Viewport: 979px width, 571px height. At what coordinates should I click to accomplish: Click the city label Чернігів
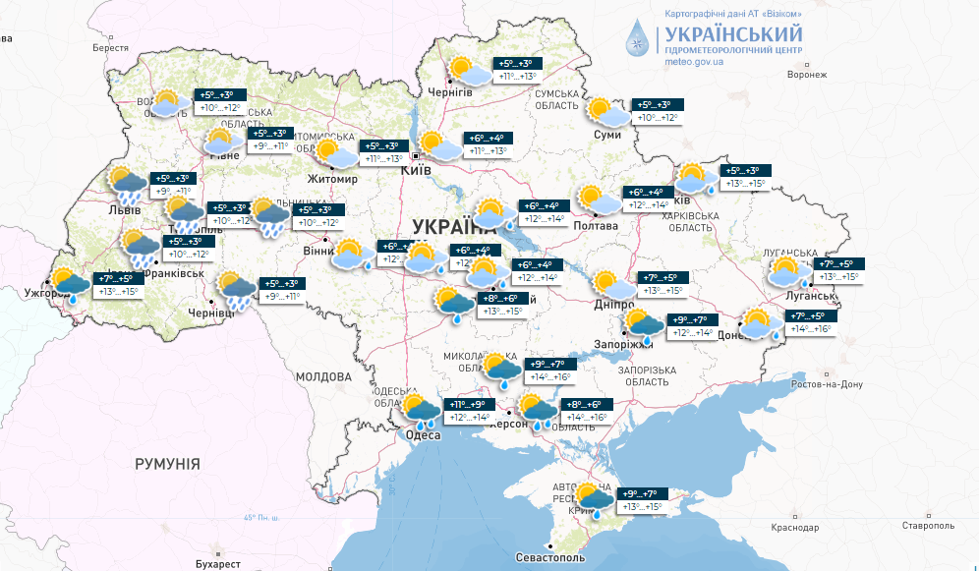tap(449, 91)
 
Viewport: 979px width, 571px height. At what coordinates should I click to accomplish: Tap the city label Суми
tap(607, 135)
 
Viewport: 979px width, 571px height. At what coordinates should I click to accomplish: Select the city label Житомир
tap(332, 180)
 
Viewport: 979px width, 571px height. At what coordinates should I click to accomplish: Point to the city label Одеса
tap(423, 436)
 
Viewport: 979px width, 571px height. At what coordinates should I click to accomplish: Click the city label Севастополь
tap(549, 557)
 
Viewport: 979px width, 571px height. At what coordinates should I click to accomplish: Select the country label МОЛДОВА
tap(323, 376)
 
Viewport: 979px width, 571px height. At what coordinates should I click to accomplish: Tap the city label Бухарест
tap(217, 564)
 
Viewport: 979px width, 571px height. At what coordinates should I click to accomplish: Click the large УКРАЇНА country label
tap(456, 223)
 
